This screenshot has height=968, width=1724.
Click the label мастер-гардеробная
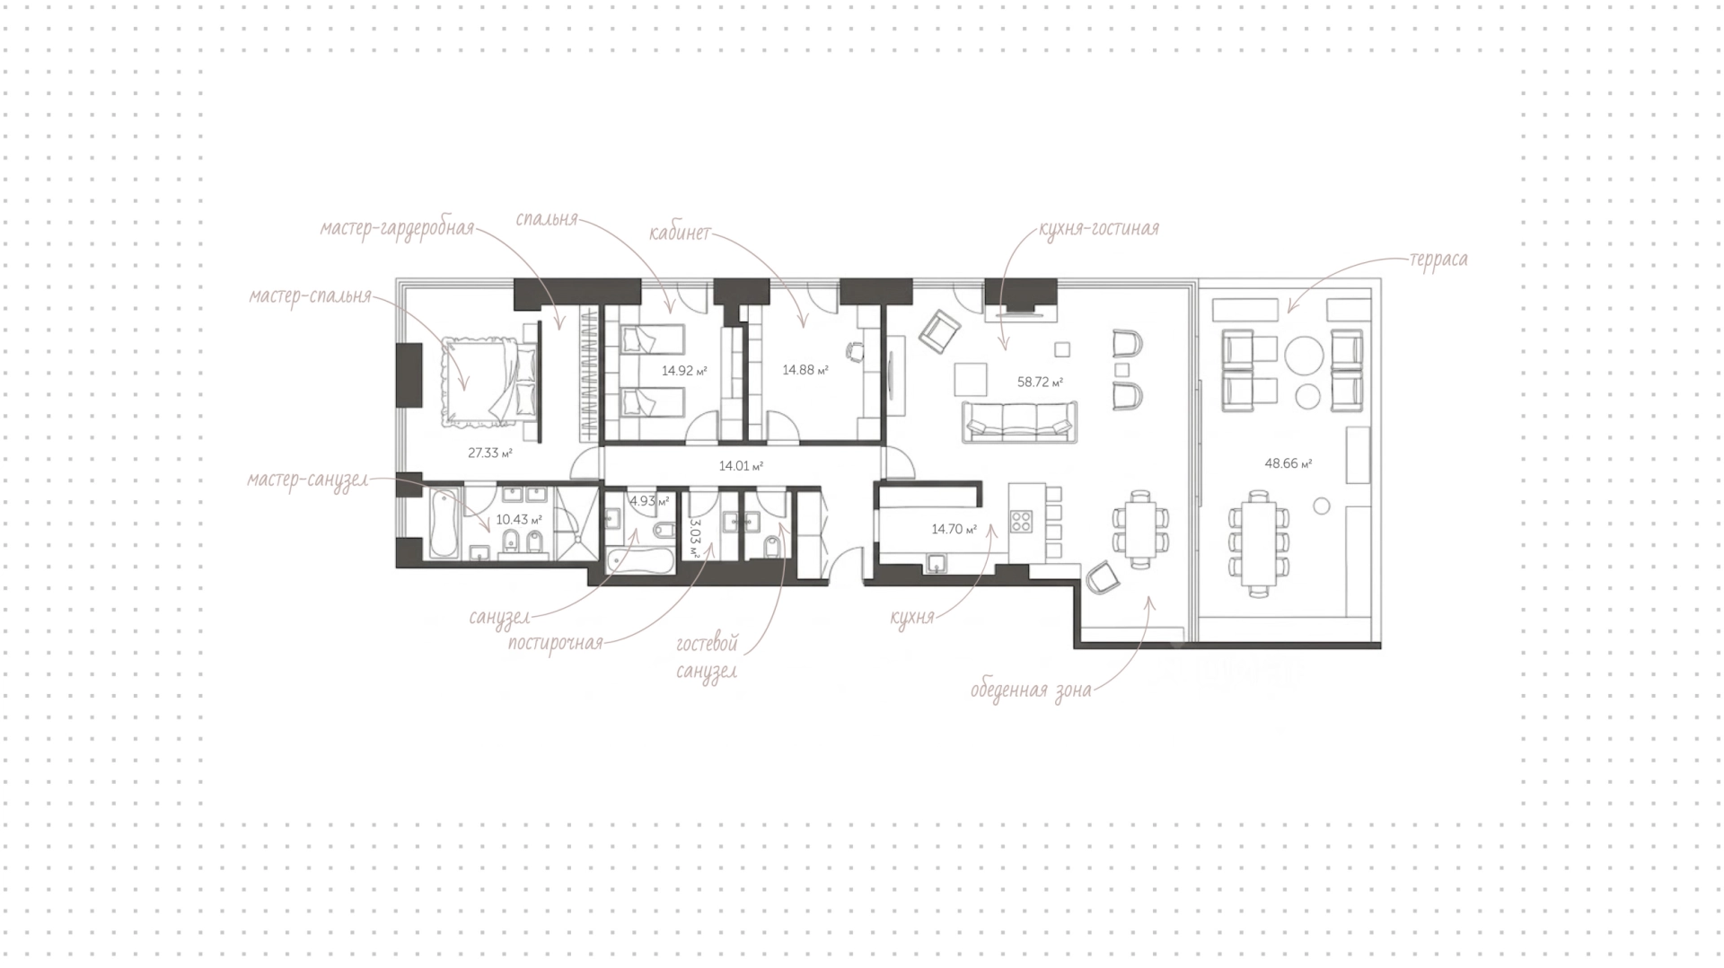397,227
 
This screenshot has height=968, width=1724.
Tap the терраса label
1438,260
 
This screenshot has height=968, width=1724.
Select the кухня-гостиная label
1099,229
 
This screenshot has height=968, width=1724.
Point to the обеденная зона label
1031,691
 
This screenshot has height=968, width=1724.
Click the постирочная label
555,644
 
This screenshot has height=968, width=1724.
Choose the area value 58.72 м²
1040,382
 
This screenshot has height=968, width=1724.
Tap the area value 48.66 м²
1289,464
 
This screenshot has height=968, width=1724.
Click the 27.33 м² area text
489,453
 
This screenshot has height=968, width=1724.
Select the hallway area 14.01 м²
741,466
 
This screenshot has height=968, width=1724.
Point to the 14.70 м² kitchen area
954,530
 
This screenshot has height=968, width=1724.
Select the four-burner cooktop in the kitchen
1023,522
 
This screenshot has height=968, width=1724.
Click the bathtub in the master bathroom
442,524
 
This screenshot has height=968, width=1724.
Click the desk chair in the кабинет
857,351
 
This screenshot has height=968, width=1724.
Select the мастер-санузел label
308,480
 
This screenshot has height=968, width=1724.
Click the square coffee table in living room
971,377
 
